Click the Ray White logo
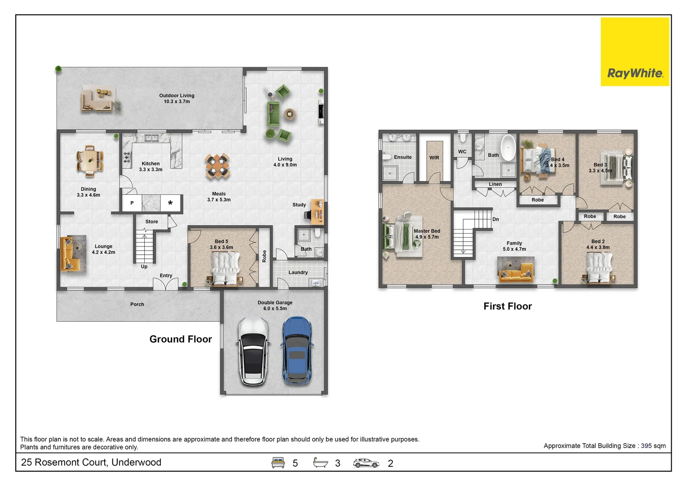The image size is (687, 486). coord(635,52)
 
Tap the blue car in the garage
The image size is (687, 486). coord(297,350)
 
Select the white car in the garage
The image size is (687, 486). coord(253,351)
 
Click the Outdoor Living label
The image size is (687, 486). coord(177,98)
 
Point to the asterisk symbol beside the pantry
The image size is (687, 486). coord(170,203)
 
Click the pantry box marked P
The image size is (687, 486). coord(132,203)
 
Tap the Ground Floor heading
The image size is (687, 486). coord(181,339)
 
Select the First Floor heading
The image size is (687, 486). coord(508,306)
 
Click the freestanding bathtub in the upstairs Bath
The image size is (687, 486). coord(508,148)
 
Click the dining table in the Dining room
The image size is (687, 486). coord(89,161)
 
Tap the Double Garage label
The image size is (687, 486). coord(275,306)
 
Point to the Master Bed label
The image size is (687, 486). coord(427,234)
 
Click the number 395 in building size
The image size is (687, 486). coord(646,446)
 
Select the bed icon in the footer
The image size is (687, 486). coord(278,463)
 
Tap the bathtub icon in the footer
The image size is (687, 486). coord(320,462)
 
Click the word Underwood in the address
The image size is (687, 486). coord(136,462)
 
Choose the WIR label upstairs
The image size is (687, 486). coord(434,157)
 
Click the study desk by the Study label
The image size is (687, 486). coord(317,211)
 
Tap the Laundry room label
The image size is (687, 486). coord(298,272)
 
